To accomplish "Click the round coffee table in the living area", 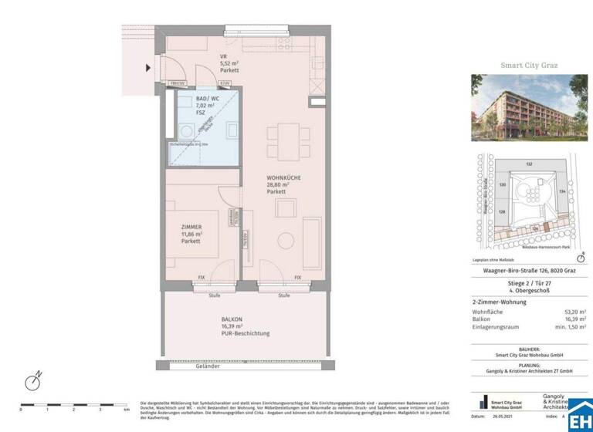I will (x=283, y=239).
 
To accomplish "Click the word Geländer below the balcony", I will (x=239, y=366).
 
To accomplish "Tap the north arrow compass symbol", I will (x=33, y=382).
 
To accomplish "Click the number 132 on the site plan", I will (x=530, y=164).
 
